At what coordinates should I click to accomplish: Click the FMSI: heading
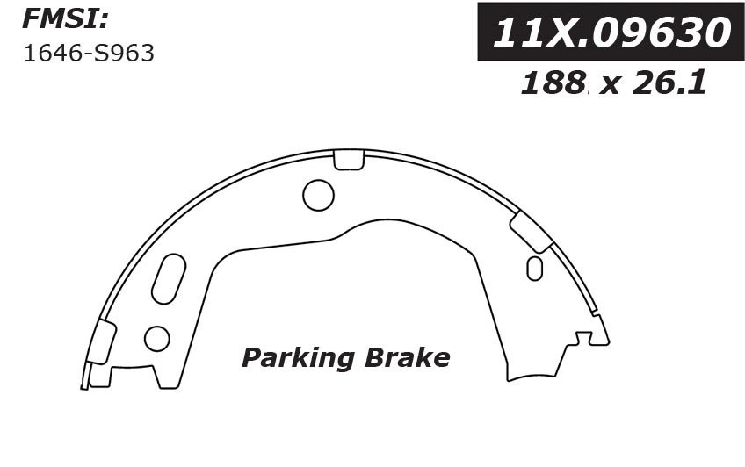point(66,20)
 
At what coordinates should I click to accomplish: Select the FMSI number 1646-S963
point(89,54)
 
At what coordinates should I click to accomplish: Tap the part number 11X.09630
point(611,32)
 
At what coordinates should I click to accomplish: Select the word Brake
point(407,357)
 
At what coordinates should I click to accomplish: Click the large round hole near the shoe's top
point(318,195)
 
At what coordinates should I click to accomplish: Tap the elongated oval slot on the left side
point(169,278)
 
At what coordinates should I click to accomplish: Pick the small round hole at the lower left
point(156,339)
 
